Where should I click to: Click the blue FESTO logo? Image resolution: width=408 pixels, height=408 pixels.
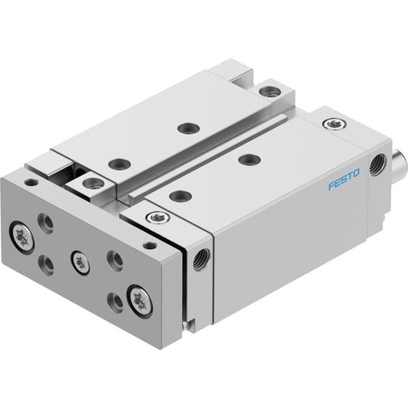click(344, 179)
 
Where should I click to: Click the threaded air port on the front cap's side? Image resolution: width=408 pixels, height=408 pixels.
click(201, 259)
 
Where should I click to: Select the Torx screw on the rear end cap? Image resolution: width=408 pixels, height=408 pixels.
click(335, 123)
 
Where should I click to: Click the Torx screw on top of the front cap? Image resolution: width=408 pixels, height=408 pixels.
click(158, 217)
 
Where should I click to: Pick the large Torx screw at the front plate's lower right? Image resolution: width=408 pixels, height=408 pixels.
click(140, 301)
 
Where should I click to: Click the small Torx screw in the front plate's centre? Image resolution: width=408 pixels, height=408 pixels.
click(80, 263)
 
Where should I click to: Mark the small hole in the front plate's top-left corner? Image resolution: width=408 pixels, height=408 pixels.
click(31, 182)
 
